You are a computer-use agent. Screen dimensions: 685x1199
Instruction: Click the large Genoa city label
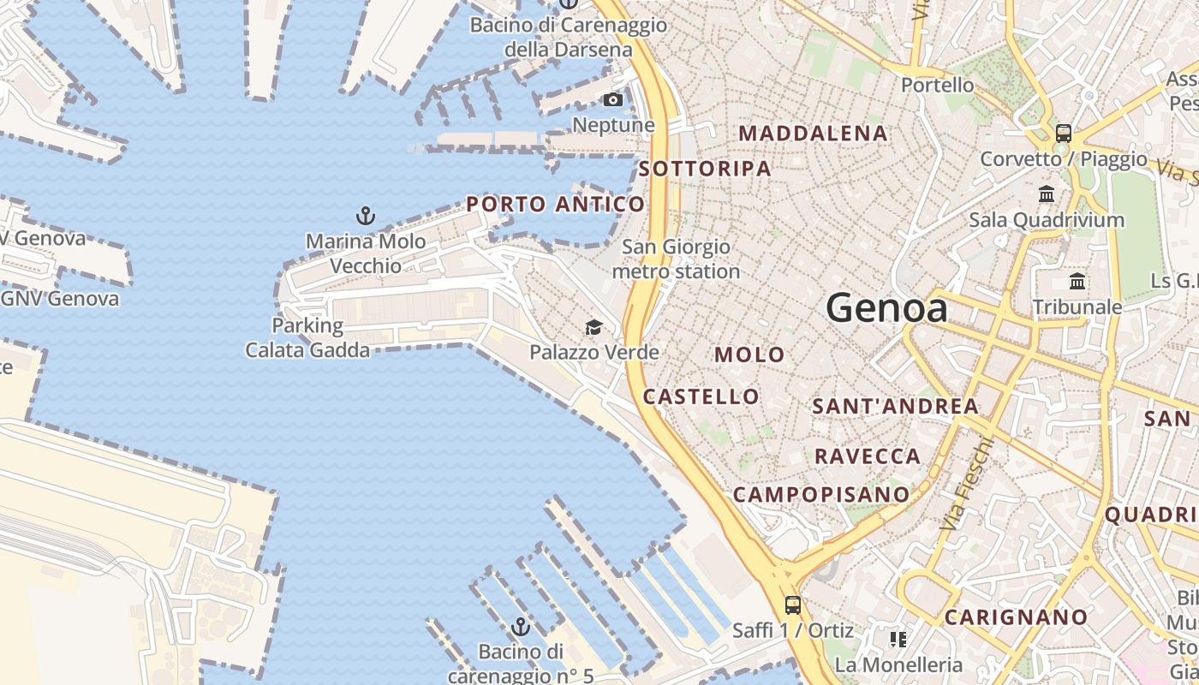[887, 308]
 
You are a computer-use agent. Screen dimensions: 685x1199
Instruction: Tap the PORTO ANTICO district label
[555, 204]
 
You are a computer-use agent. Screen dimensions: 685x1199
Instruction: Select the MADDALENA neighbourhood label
[813, 134]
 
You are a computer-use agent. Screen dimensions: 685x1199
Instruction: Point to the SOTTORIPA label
[705, 169]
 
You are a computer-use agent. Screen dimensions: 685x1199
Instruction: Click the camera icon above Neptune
[613, 100]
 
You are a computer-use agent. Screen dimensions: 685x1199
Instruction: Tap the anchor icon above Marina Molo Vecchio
[366, 216]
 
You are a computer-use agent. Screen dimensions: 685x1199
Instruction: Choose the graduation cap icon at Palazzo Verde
[594, 327]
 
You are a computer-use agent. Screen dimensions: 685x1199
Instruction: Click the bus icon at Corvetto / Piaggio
[1063, 134]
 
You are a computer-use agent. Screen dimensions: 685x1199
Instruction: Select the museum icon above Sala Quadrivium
[1047, 194]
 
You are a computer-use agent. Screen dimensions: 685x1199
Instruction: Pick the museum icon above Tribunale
[1077, 281]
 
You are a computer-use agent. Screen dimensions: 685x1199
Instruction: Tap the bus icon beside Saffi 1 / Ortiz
[793, 605]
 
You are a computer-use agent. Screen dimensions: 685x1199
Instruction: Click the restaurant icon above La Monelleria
[898, 639]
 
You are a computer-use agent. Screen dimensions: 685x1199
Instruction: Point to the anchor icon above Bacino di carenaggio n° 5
[520, 628]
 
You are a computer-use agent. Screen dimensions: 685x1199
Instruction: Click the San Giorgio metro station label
[676, 259]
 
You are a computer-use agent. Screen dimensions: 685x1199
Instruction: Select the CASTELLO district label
[701, 396]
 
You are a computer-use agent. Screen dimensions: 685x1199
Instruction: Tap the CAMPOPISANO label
[820, 494]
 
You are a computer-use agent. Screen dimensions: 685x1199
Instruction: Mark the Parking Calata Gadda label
[307, 337]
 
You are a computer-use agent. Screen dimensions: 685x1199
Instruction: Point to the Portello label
[937, 85]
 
